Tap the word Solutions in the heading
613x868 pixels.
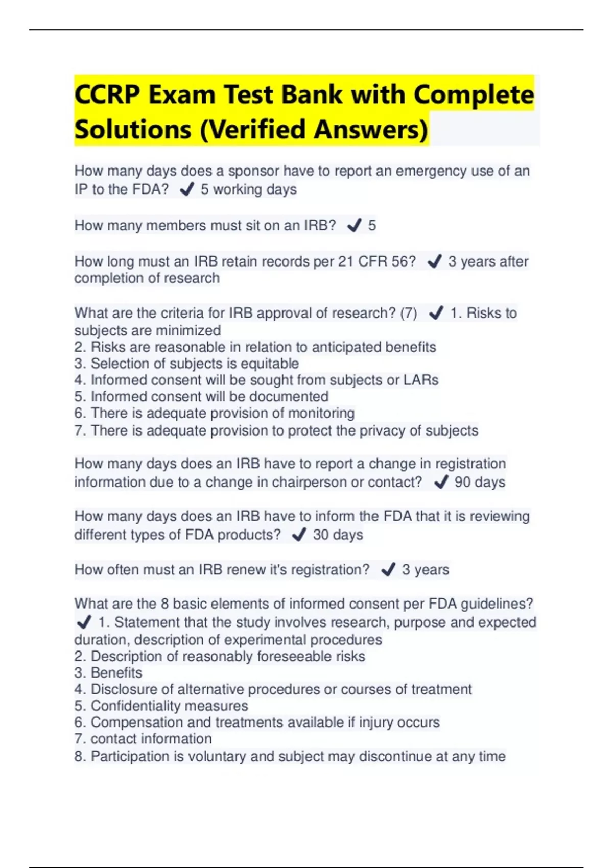pyautogui.click(x=132, y=129)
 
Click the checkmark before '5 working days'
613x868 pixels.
pyautogui.click(x=187, y=189)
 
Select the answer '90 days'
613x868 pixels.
pyautogui.click(x=479, y=482)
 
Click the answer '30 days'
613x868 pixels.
pyautogui.click(x=338, y=535)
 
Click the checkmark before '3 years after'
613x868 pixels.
pyautogui.click(x=434, y=261)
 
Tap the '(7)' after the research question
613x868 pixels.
pyautogui.click(x=408, y=312)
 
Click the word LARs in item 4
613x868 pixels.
pyautogui.click(x=421, y=380)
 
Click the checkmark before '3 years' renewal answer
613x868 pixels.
pyautogui.click(x=388, y=569)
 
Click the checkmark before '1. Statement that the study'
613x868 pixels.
pyautogui.click(x=83, y=622)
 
